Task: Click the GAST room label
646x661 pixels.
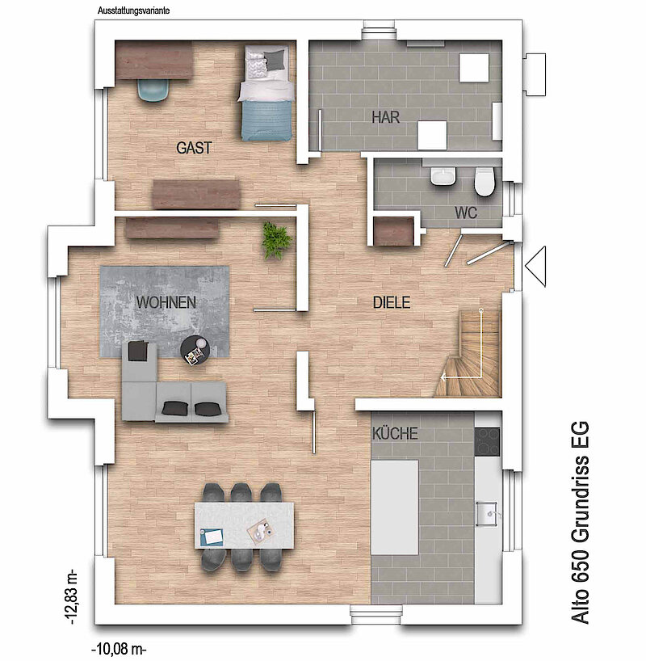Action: tap(194, 148)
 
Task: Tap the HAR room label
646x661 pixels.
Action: tap(385, 117)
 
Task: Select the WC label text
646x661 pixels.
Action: tap(466, 213)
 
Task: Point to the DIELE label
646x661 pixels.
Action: tap(392, 302)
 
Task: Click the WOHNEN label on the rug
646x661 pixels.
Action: tap(166, 302)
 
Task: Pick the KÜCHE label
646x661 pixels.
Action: tap(395, 433)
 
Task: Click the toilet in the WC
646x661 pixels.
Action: tap(484, 182)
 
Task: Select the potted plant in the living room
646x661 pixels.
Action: tap(276, 241)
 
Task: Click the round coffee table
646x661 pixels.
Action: tap(195, 351)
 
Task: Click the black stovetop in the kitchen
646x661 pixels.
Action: tap(488, 442)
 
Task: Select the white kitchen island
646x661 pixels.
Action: tap(394, 507)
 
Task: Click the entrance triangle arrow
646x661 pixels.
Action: tap(535, 267)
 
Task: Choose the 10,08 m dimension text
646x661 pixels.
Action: tap(119, 649)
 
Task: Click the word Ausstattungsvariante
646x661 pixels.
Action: tap(133, 11)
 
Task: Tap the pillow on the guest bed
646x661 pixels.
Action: tap(275, 60)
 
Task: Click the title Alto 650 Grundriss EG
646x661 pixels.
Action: tap(581, 522)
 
